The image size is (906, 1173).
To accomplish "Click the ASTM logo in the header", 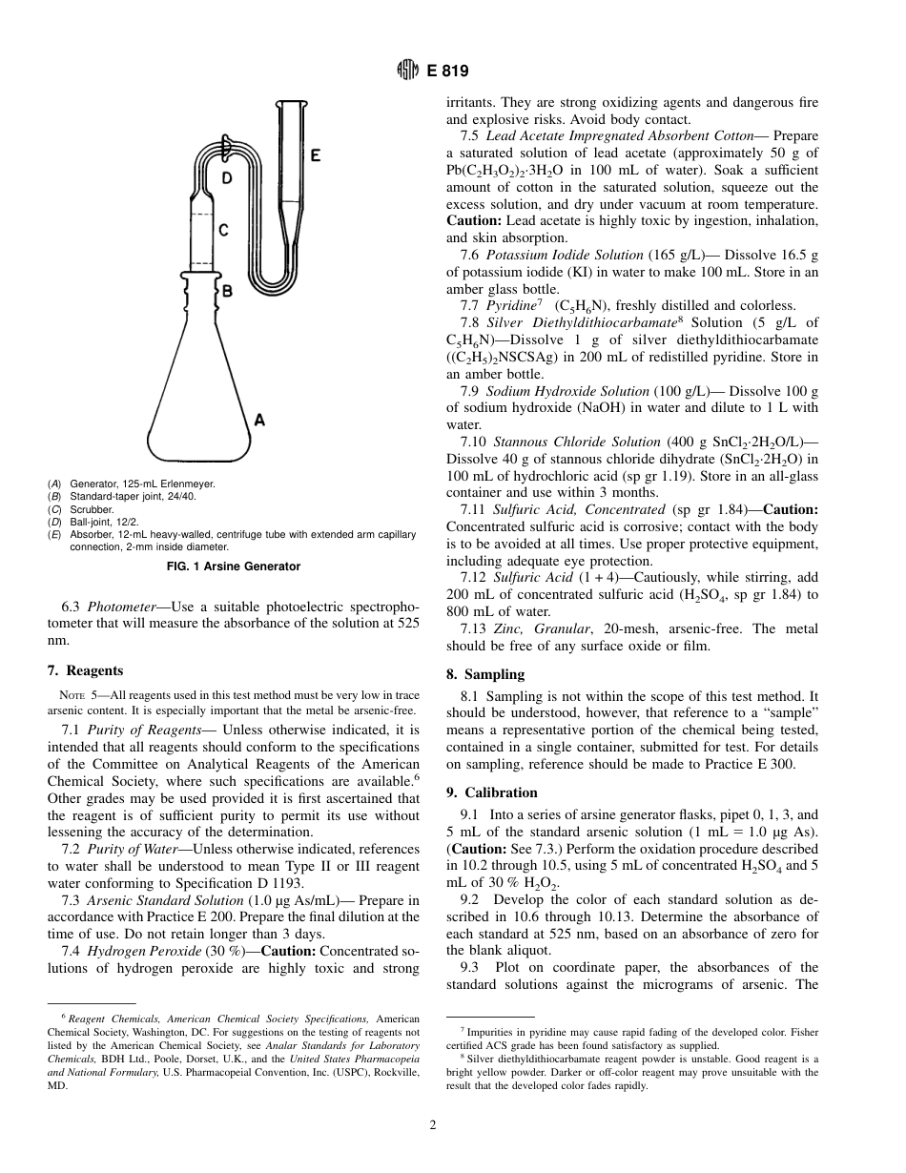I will click(x=407, y=71).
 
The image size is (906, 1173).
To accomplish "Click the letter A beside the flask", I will click(x=259, y=418).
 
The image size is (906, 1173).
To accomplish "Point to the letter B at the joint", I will click(x=227, y=291).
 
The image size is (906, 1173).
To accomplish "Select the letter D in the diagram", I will click(x=226, y=178).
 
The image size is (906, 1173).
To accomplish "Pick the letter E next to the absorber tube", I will click(x=316, y=155).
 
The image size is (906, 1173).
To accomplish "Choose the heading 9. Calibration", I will click(x=491, y=792).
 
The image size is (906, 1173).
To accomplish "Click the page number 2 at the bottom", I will click(x=433, y=1125).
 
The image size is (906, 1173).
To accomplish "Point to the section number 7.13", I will click(x=473, y=628).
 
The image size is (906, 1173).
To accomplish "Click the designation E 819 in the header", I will click(x=447, y=71).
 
